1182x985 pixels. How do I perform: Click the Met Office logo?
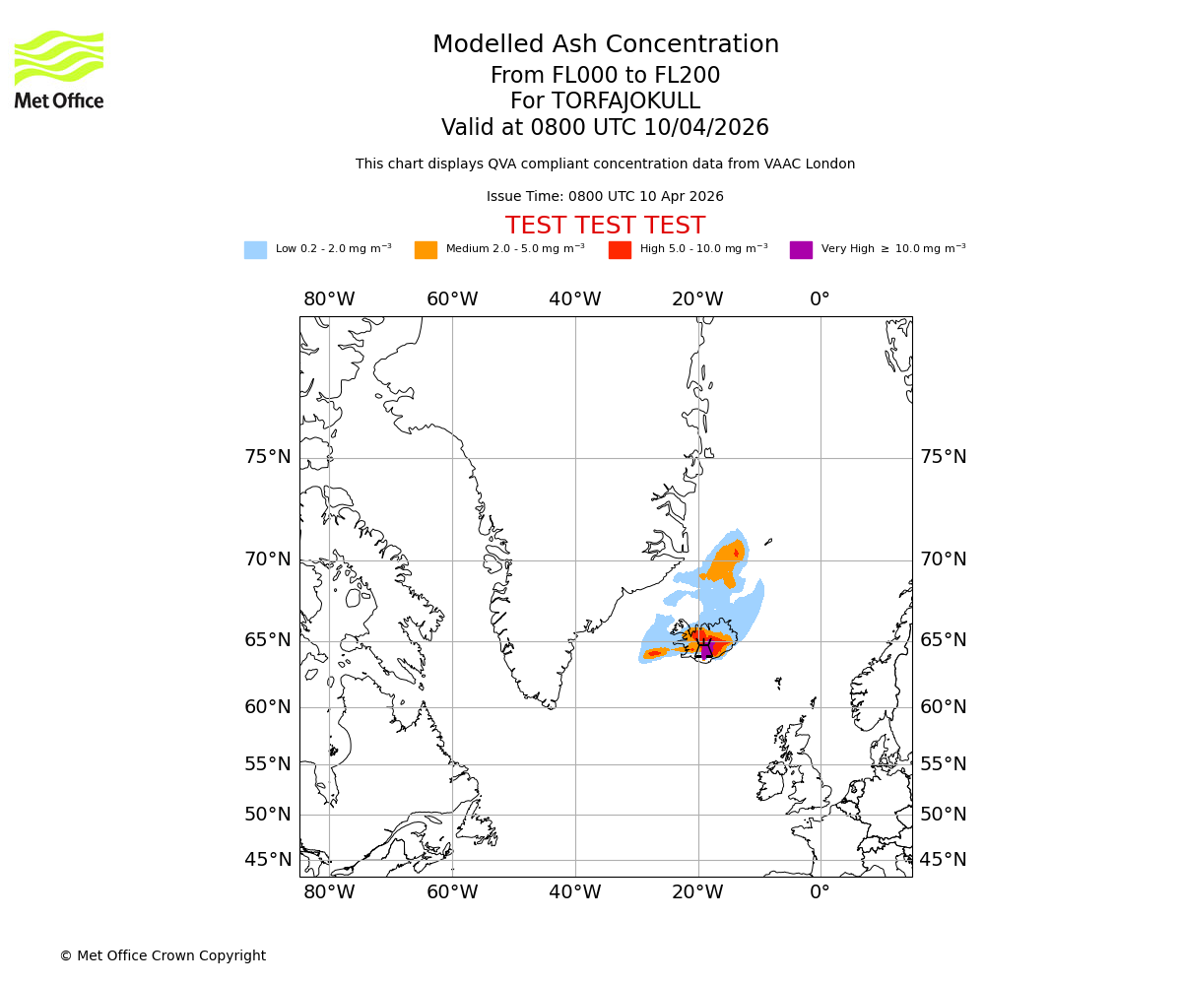(59, 69)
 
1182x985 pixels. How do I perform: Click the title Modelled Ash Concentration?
(605, 45)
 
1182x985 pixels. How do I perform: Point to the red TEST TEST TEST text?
(605, 226)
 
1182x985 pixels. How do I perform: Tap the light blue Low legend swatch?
(255, 250)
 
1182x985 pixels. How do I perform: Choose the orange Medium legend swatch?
(426, 250)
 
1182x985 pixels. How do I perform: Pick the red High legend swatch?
(620, 250)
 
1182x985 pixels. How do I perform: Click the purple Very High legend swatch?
(801, 250)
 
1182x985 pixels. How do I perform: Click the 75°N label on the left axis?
(268, 457)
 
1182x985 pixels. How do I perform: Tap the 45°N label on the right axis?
(943, 860)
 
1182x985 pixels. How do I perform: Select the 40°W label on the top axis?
(575, 299)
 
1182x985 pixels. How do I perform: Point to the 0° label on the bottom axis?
(820, 892)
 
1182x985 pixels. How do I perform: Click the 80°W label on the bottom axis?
(329, 892)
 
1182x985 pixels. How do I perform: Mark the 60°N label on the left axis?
(268, 707)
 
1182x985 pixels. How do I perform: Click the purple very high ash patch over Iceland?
(705, 649)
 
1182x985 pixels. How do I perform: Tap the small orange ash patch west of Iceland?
(655, 653)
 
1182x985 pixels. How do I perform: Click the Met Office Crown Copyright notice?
(163, 955)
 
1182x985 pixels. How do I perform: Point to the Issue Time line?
(605, 197)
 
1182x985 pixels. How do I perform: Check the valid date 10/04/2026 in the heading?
(706, 128)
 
